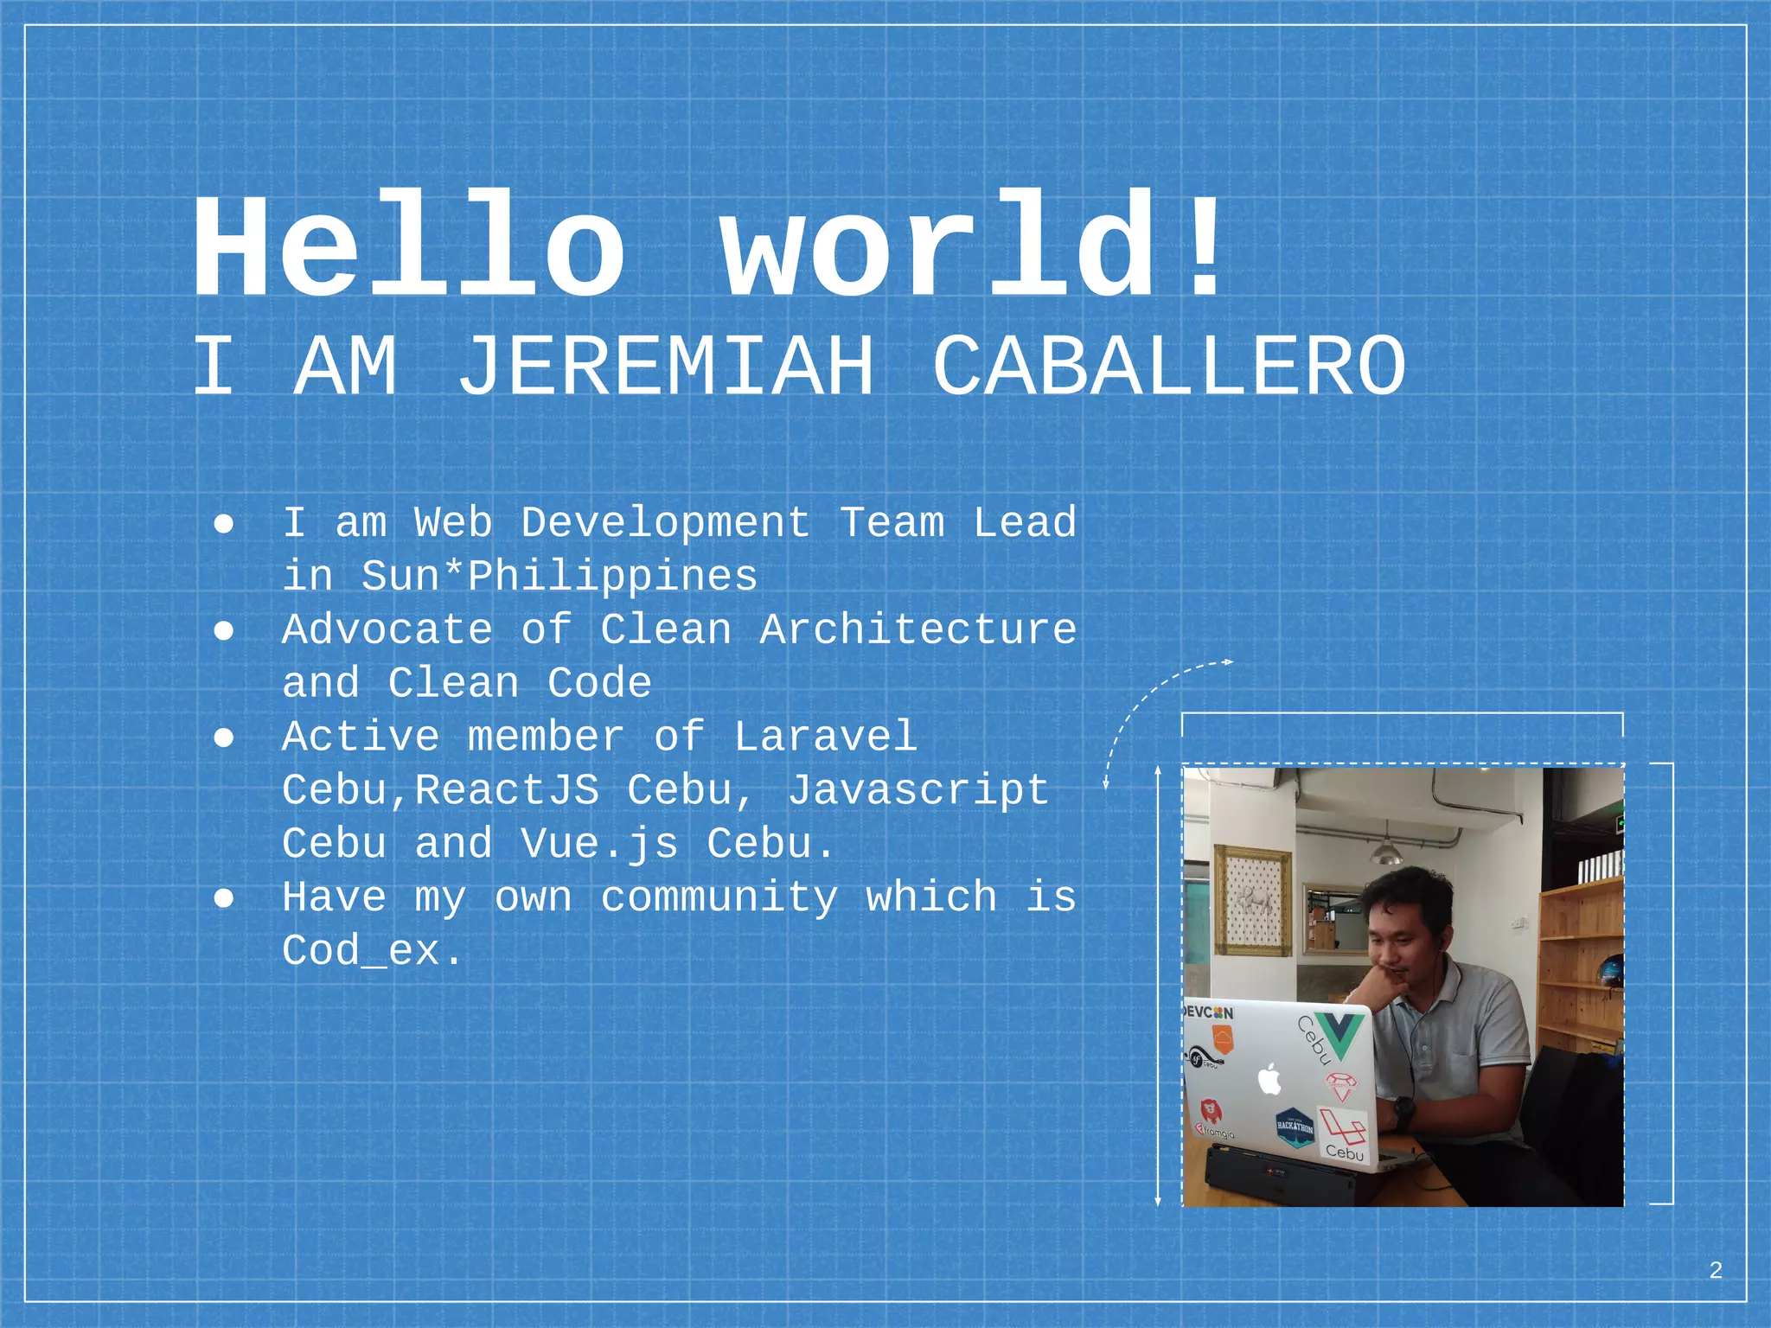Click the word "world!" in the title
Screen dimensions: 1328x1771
pyautogui.click(x=973, y=247)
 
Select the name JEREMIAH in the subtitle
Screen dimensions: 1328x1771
pyautogui.click(x=665, y=367)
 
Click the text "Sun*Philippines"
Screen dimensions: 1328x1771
pyautogui.click(x=559, y=576)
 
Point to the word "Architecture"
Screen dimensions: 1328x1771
pyautogui.click(x=917, y=629)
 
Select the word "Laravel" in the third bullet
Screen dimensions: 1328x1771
pyautogui.click(x=825, y=737)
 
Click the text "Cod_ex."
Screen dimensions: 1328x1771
pyautogui.click(x=373, y=951)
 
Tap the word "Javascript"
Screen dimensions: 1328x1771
pyautogui.click(x=917, y=790)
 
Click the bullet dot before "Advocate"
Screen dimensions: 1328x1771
pyautogui.click(x=224, y=631)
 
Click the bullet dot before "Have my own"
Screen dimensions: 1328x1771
pyautogui.click(x=224, y=899)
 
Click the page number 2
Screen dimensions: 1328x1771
pyautogui.click(x=1716, y=1270)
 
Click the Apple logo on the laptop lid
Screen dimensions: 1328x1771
pyautogui.click(x=1269, y=1080)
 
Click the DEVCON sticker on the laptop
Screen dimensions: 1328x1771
pyautogui.click(x=1208, y=1012)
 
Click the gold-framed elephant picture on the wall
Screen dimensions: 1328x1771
pyautogui.click(x=1252, y=900)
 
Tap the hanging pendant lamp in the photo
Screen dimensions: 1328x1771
pyautogui.click(x=1387, y=852)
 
